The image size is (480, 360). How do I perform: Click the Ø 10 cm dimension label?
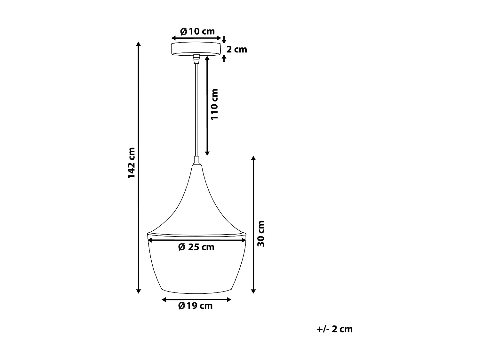coord(197,31)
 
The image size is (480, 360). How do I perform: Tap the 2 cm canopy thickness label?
coord(237,49)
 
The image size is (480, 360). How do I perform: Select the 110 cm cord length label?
coord(214,104)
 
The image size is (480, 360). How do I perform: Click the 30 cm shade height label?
coord(261,233)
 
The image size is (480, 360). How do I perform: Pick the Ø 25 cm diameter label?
coord(196,247)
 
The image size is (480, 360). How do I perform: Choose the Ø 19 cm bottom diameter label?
coord(195,306)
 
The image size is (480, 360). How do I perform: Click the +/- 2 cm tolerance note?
coord(334,329)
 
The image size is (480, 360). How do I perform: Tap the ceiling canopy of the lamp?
coord(196,49)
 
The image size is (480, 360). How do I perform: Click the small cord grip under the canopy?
coord(196,60)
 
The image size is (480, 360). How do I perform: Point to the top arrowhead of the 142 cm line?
coord(138,44)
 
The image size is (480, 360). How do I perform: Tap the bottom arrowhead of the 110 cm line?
coord(207,153)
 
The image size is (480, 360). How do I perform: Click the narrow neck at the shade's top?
coord(196,160)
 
